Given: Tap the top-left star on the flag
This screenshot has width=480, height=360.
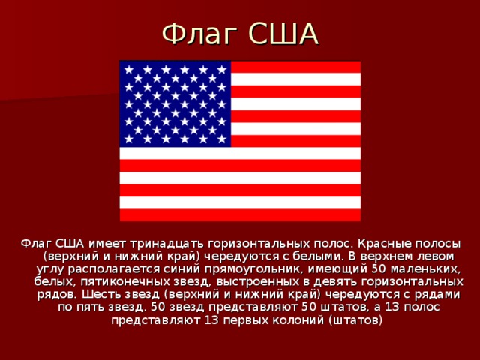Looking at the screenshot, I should (128, 69).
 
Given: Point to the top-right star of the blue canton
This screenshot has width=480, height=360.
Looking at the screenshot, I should (222, 69).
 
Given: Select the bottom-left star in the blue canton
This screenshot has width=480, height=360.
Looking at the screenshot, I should (128, 138).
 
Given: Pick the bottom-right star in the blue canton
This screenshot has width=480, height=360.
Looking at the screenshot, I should (222, 138).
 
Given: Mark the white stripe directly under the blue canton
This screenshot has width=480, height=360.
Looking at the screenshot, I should (240, 153).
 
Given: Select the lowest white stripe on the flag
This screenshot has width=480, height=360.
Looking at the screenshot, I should (240, 202).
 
